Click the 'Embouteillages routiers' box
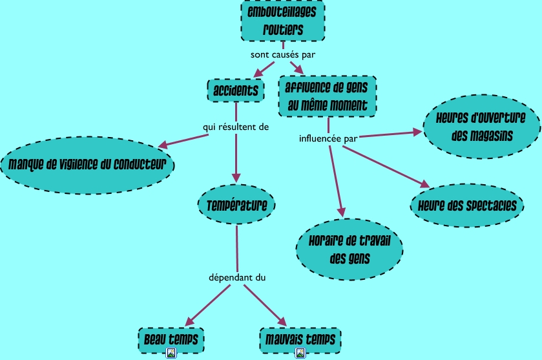click(x=283, y=21)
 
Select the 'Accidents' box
click(x=236, y=90)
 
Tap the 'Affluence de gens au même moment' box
click(x=327, y=96)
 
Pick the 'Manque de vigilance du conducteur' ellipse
click(x=90, y=164)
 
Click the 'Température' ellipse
click(x=236, y=206)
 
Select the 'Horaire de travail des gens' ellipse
click(x=349, y=250)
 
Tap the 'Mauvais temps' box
click(x=300, y=338)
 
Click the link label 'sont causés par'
click(x=282, y=54)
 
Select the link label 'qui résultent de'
click(x=235, y=127)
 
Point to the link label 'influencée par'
click(x=329, y=138)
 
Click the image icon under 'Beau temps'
click(x=172, y=353)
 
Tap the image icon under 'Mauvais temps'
click(x=300, y=353)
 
